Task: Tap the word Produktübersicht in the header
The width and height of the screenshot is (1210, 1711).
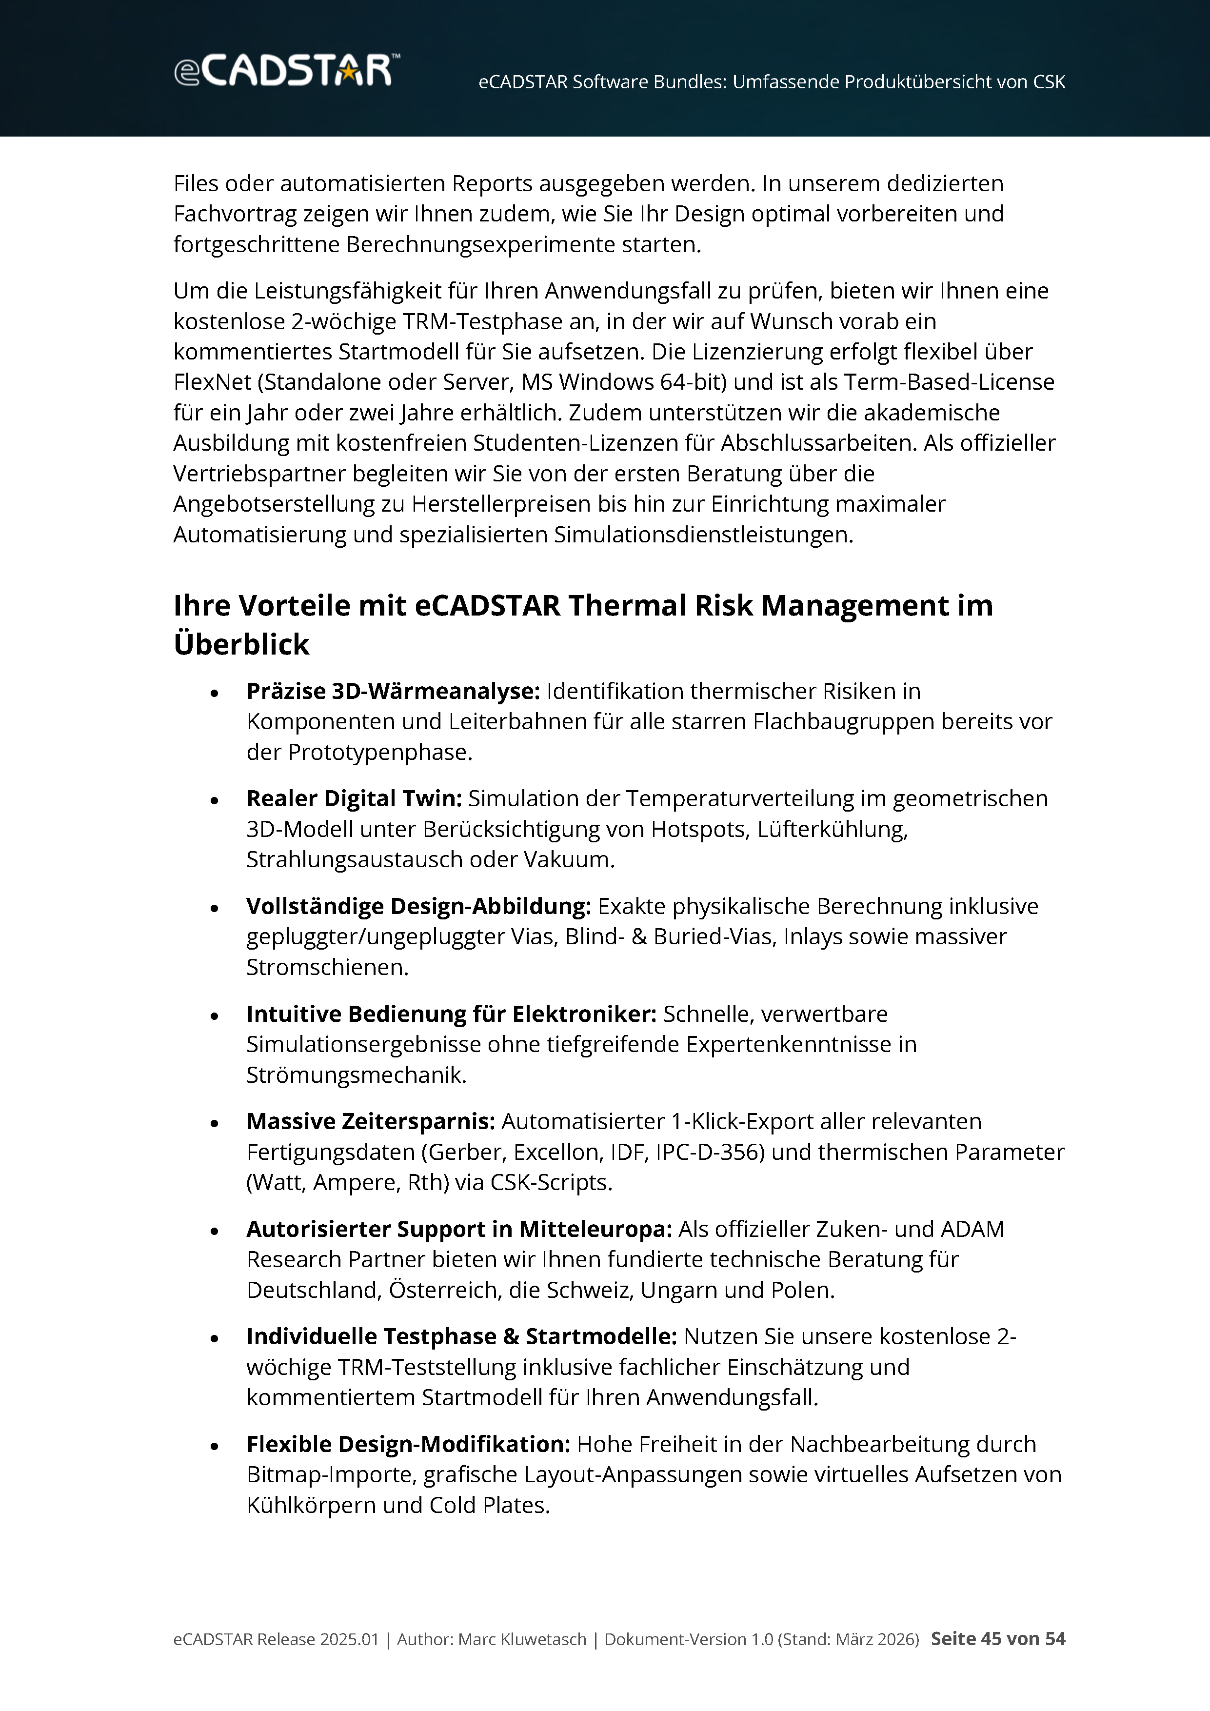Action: (864, 82)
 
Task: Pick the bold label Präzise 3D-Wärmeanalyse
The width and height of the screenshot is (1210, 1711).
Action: (393, 692)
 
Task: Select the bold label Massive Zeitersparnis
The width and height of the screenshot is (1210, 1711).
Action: (370, 1121)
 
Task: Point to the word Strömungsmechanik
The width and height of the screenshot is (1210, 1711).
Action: (356, 1075)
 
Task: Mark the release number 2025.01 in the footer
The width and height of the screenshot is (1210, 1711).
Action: (349, 1639)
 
